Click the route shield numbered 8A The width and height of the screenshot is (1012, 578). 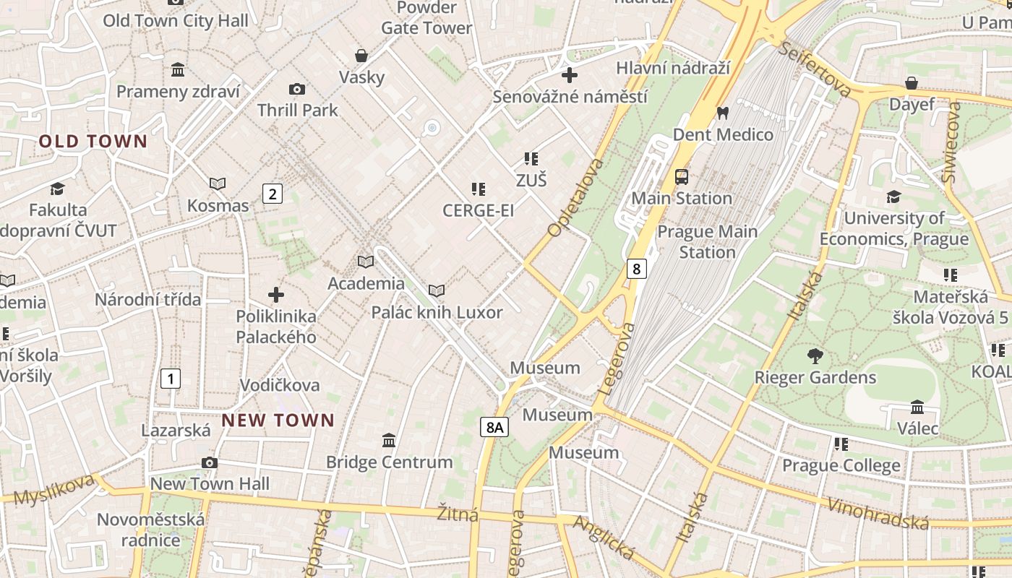coord(494,427)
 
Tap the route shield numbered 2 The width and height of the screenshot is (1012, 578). coord(272,194)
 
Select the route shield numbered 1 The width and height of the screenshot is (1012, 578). coord(171,378)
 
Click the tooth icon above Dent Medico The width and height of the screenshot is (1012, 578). coord(721,113)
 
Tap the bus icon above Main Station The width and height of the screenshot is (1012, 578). coord(681,176)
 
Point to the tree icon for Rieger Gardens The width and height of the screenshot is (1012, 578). coord(815,356)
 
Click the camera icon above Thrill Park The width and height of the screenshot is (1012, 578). coord(296,90)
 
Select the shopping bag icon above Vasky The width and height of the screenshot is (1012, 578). coord(361,56)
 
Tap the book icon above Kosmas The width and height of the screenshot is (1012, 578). coord(217,184)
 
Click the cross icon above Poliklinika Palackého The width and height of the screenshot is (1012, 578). coord(275,295)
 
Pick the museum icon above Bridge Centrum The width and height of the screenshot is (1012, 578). coord(389,440)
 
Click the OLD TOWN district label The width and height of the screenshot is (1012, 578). coord(93,142)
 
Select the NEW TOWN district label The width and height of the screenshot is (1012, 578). coord(278,420)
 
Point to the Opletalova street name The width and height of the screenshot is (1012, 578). coord(575,198)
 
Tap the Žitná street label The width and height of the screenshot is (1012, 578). coord(458,514)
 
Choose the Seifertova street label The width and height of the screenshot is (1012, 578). coord(816,70)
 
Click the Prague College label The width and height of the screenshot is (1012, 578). coord(841,465)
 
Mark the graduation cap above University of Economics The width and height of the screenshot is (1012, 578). coord(893,197)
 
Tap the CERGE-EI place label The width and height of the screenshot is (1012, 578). coord(478,210)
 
